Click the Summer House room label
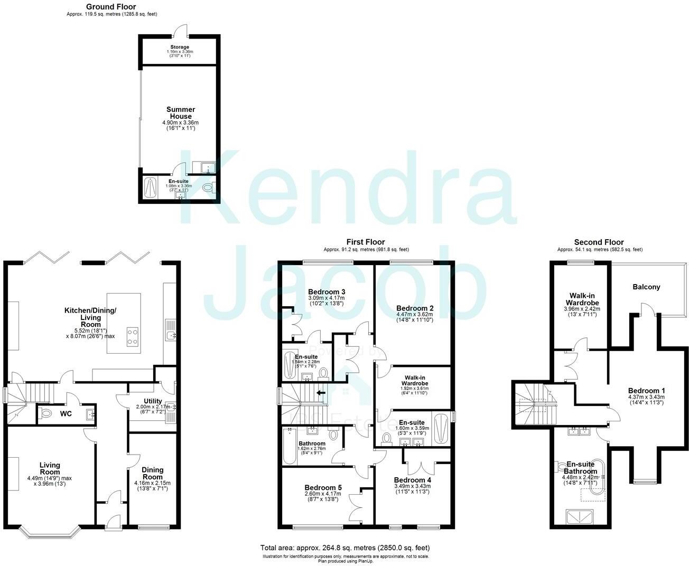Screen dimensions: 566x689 click(x=180, y=113)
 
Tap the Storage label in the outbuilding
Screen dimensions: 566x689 click(x=180, y=48)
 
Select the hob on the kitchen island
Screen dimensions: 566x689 click(x=133, y=336)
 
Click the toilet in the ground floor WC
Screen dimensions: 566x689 click(x=46, y=413)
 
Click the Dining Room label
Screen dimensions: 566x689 click(x=152, y=473)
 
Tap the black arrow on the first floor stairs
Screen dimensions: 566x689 click(x=321, y=393)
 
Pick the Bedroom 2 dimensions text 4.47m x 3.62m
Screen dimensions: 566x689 click(x=414, y=314)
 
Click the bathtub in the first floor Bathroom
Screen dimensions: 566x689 click(x=289, y=446)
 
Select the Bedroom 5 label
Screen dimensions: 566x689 click(x=322, y=488)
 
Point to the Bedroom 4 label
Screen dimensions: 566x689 click(x=412, y=480)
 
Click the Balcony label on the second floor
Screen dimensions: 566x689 click(x=646, y=287)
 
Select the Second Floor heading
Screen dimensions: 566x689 click(x=599, y=242)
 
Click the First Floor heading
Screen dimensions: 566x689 click(x=366, y=242)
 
